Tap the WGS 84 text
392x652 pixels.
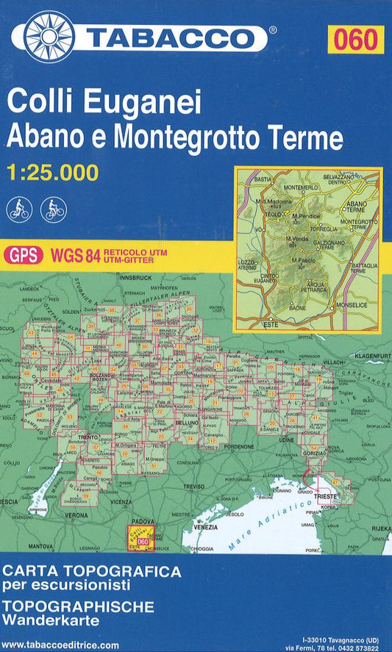[76, 255]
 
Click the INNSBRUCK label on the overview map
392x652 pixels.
[135, 278]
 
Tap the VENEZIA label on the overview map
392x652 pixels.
[206, 528]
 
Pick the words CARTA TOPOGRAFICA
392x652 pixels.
[91, 570]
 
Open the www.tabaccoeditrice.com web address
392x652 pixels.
[60, 645]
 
